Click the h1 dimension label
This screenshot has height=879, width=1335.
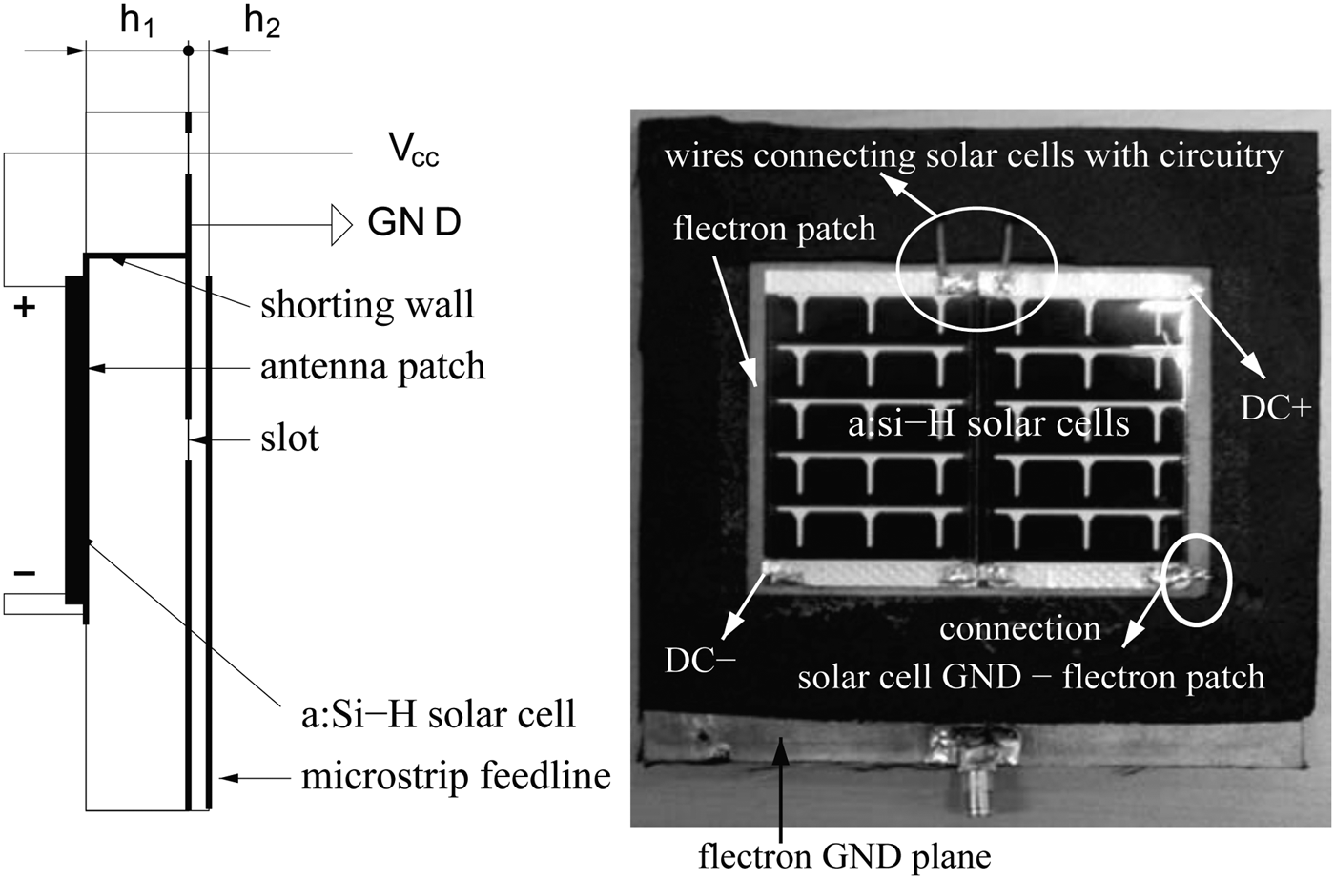click(137, 22)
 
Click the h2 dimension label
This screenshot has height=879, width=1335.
click(262, 21)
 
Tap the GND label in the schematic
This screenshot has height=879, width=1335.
click(414, 223)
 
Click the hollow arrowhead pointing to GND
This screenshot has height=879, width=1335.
click(341, 225)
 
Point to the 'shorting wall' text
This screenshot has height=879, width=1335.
click(367, 305)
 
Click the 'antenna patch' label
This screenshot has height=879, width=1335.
click(373, 367)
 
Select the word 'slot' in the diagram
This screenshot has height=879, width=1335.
click(290, 439)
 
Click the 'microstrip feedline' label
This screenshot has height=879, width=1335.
click(456, 776)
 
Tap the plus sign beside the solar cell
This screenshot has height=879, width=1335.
click(25, 307)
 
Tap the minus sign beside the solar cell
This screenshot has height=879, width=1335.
click(25, 573)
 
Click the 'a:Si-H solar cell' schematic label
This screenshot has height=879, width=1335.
click(438, 714)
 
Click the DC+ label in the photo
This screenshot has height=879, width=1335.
click(1275, 408)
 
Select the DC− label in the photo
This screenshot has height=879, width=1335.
click(700, 661)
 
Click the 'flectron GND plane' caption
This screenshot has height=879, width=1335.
click(844, 855)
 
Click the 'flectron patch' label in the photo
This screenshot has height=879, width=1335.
click(774, 229)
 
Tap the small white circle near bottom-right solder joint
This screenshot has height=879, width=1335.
click(1195, 579)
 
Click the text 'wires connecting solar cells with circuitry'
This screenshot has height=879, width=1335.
click(974, 155)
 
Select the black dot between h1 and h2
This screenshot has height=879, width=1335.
click(189, 51)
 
